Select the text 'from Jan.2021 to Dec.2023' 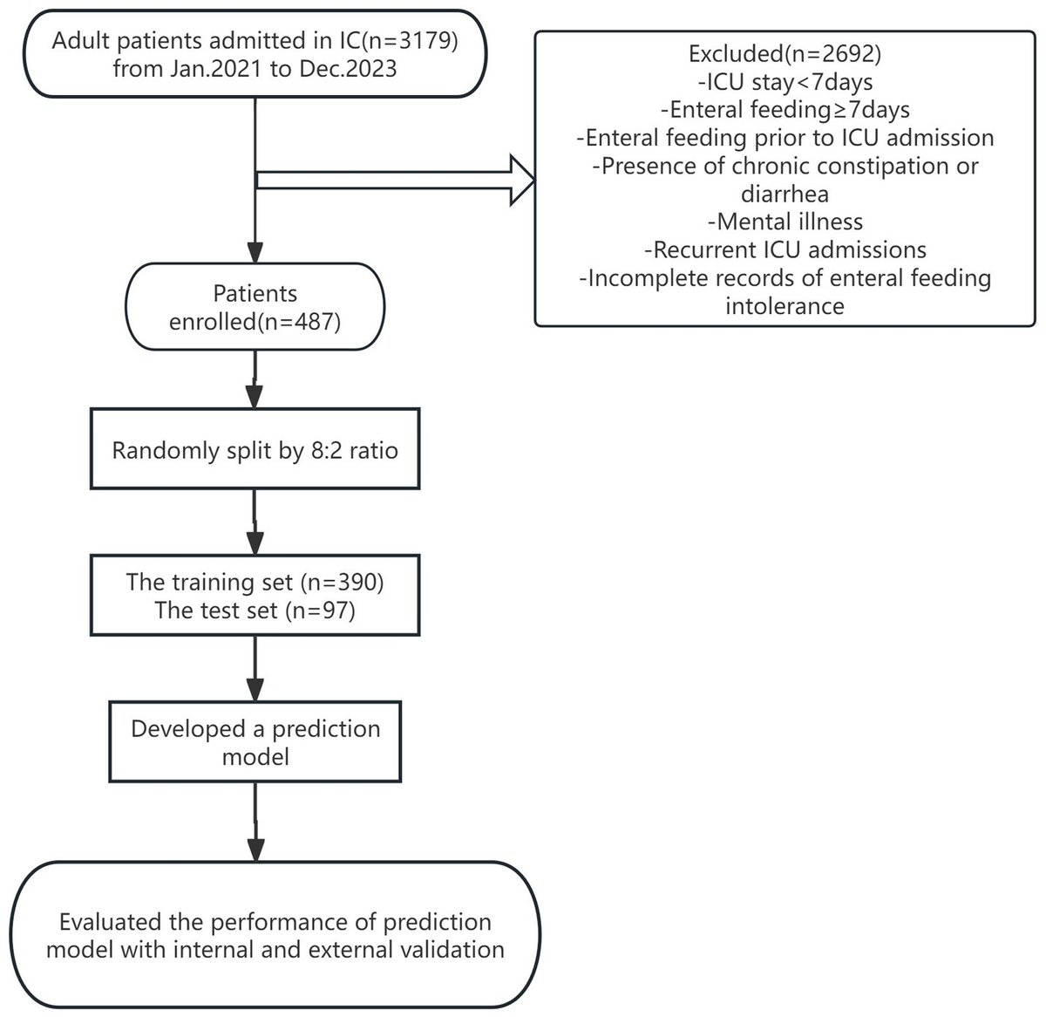255,69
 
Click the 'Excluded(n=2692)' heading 784,54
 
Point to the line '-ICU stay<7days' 784,82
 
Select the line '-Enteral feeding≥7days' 784,110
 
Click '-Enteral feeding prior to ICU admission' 784,138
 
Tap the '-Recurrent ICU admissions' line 784,250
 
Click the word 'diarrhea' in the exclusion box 784,194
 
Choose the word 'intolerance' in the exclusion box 784,306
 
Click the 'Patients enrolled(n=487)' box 255,307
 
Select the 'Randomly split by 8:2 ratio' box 255,450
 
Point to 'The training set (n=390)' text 255,582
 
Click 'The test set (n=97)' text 255,610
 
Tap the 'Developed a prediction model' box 255,741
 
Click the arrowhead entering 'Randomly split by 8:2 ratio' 255,398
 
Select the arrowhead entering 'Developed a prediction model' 255,689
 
